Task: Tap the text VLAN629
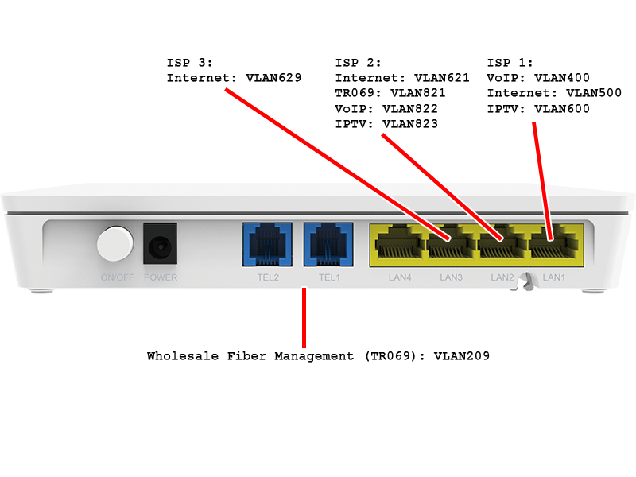coord(272,78)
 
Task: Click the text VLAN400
coord(562,78)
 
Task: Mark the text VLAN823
coord(410,124)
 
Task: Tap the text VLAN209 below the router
coord(462,356)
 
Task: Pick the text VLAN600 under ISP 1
coord(562,109)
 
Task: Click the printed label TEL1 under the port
coord(329,278)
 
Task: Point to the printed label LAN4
coord(399,278)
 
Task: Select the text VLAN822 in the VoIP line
coord(410,109)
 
